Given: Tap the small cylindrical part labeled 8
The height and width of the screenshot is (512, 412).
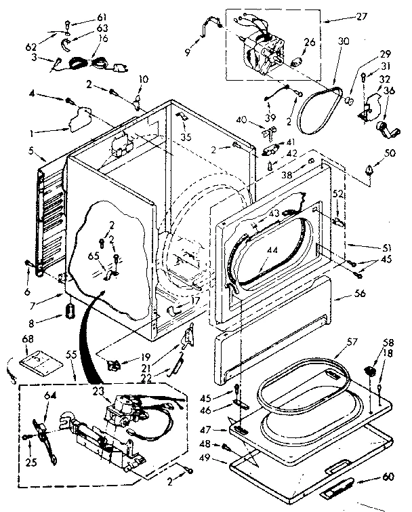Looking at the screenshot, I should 70,311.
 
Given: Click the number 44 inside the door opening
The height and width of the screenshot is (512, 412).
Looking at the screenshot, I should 272,251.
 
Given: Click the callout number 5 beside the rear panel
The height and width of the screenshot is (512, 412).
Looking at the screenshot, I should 31,151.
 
